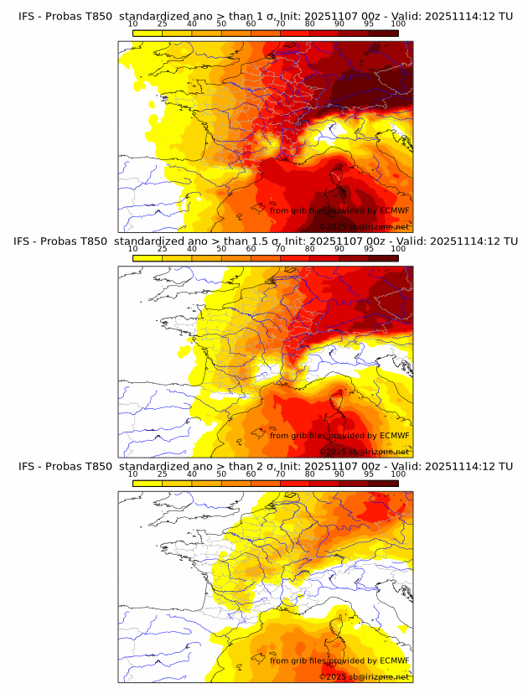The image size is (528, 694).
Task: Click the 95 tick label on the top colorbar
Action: [x=369, y=24]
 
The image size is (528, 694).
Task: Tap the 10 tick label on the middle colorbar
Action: [x=132, y=249]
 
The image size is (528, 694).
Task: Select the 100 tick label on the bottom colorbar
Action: [x=398, y=474]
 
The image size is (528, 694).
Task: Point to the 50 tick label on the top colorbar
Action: [x=221, y=24]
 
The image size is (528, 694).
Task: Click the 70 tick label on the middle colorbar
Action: [x=280, y=249]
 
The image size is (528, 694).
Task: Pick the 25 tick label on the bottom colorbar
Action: [x=162, y=474]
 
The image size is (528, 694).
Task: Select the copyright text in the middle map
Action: [x=364, y=452]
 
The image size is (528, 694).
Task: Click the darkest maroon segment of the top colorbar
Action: [x=383, y=33]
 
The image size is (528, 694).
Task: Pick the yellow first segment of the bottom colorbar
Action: [x=147, y=483]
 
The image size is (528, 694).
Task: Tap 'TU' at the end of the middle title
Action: [x=505, y=241]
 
